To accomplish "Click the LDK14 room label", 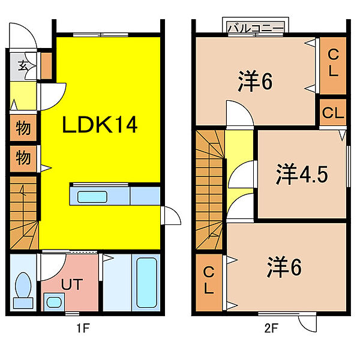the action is tap(100, 124).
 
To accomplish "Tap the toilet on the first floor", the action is tap(23, 290).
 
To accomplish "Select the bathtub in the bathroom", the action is tap(147, 283).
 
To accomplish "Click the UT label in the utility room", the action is tap(71, 284).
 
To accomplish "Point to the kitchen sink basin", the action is tap(92, 197).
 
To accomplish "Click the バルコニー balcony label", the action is tap(256, 28).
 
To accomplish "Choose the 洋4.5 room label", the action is tap(302, 174).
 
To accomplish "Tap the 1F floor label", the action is tap(83, 328).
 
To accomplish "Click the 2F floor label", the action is tap(271, 328).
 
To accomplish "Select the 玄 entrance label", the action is tap(23, 66).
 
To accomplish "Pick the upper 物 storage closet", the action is tap(23, 128).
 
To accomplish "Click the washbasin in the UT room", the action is tap(54, 302).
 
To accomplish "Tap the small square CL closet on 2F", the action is tap(333, 112).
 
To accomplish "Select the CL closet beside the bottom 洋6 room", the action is tap(209, 283).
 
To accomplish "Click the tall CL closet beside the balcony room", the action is tap(333, 65).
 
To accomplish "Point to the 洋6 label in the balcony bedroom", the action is tap(256, 81).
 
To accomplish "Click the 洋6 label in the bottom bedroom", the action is tap(284, 267).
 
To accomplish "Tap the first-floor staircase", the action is tap(23, 213).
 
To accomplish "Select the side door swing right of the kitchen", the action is tap(171, 215).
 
